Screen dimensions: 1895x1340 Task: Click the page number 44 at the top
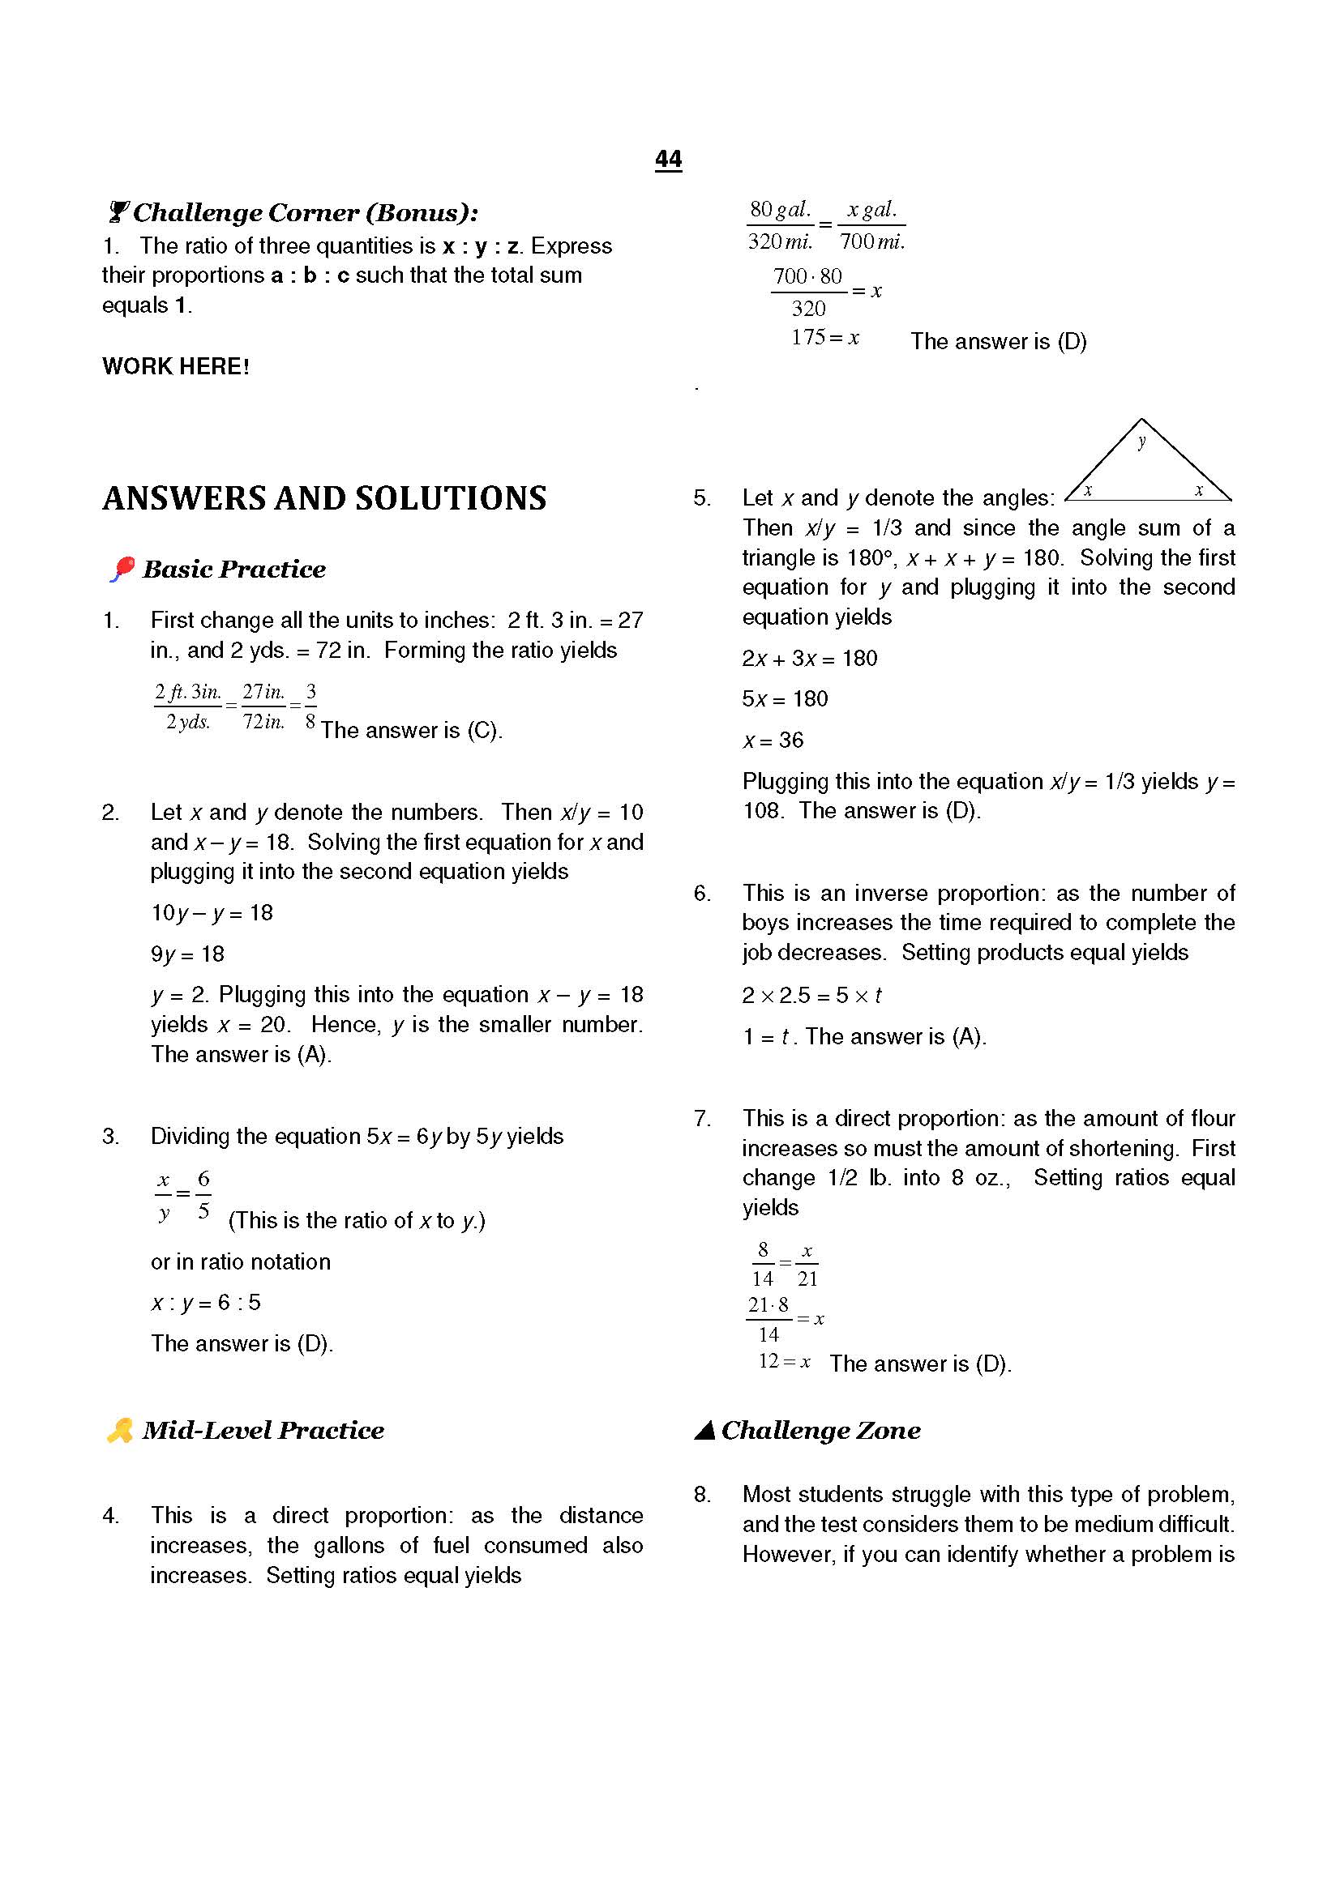(x=668, y=160)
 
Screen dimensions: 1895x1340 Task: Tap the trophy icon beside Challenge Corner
(x=118, y=213)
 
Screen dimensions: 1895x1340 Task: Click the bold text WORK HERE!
(x=175, y=366)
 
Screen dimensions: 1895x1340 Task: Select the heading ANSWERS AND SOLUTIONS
(x=323, y=498)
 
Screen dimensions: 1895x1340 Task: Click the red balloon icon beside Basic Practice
(x=122, y=569)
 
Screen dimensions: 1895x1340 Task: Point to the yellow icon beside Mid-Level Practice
(x=120, y=1430)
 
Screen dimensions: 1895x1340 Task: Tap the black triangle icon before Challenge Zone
(x=704, y=1430)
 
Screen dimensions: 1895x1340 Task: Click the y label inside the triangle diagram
(x=1142, y=442)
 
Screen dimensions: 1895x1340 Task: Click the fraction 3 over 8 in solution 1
(x=310, y=706)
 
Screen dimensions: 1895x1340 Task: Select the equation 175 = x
(x=824, y=338)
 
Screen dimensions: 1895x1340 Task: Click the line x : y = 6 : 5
(x=206, y=1303)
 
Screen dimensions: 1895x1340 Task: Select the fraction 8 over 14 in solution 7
(x=762, y=1265)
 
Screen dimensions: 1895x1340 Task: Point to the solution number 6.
(x=702, y=893)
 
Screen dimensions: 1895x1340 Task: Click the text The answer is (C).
(x=411, y=731)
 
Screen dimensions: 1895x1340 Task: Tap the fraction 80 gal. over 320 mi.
(x=780, y=225)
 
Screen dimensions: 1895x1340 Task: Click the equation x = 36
(x=773, y=741)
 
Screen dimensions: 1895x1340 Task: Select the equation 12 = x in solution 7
(x=785, y=1362)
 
